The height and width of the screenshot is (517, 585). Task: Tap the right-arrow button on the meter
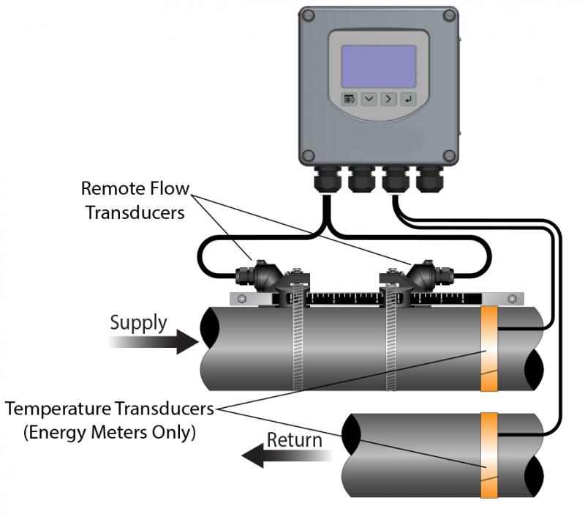point(388,100)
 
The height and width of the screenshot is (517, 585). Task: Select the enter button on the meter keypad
point(407,100)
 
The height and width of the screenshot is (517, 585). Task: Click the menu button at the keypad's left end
point(350,100)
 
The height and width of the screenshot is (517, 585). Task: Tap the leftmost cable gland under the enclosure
point(327,179)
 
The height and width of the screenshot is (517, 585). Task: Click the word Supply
point(138,322)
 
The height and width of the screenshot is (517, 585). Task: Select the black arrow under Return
point(285,458)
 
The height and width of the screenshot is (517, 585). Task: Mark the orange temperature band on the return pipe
point(488,455)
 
